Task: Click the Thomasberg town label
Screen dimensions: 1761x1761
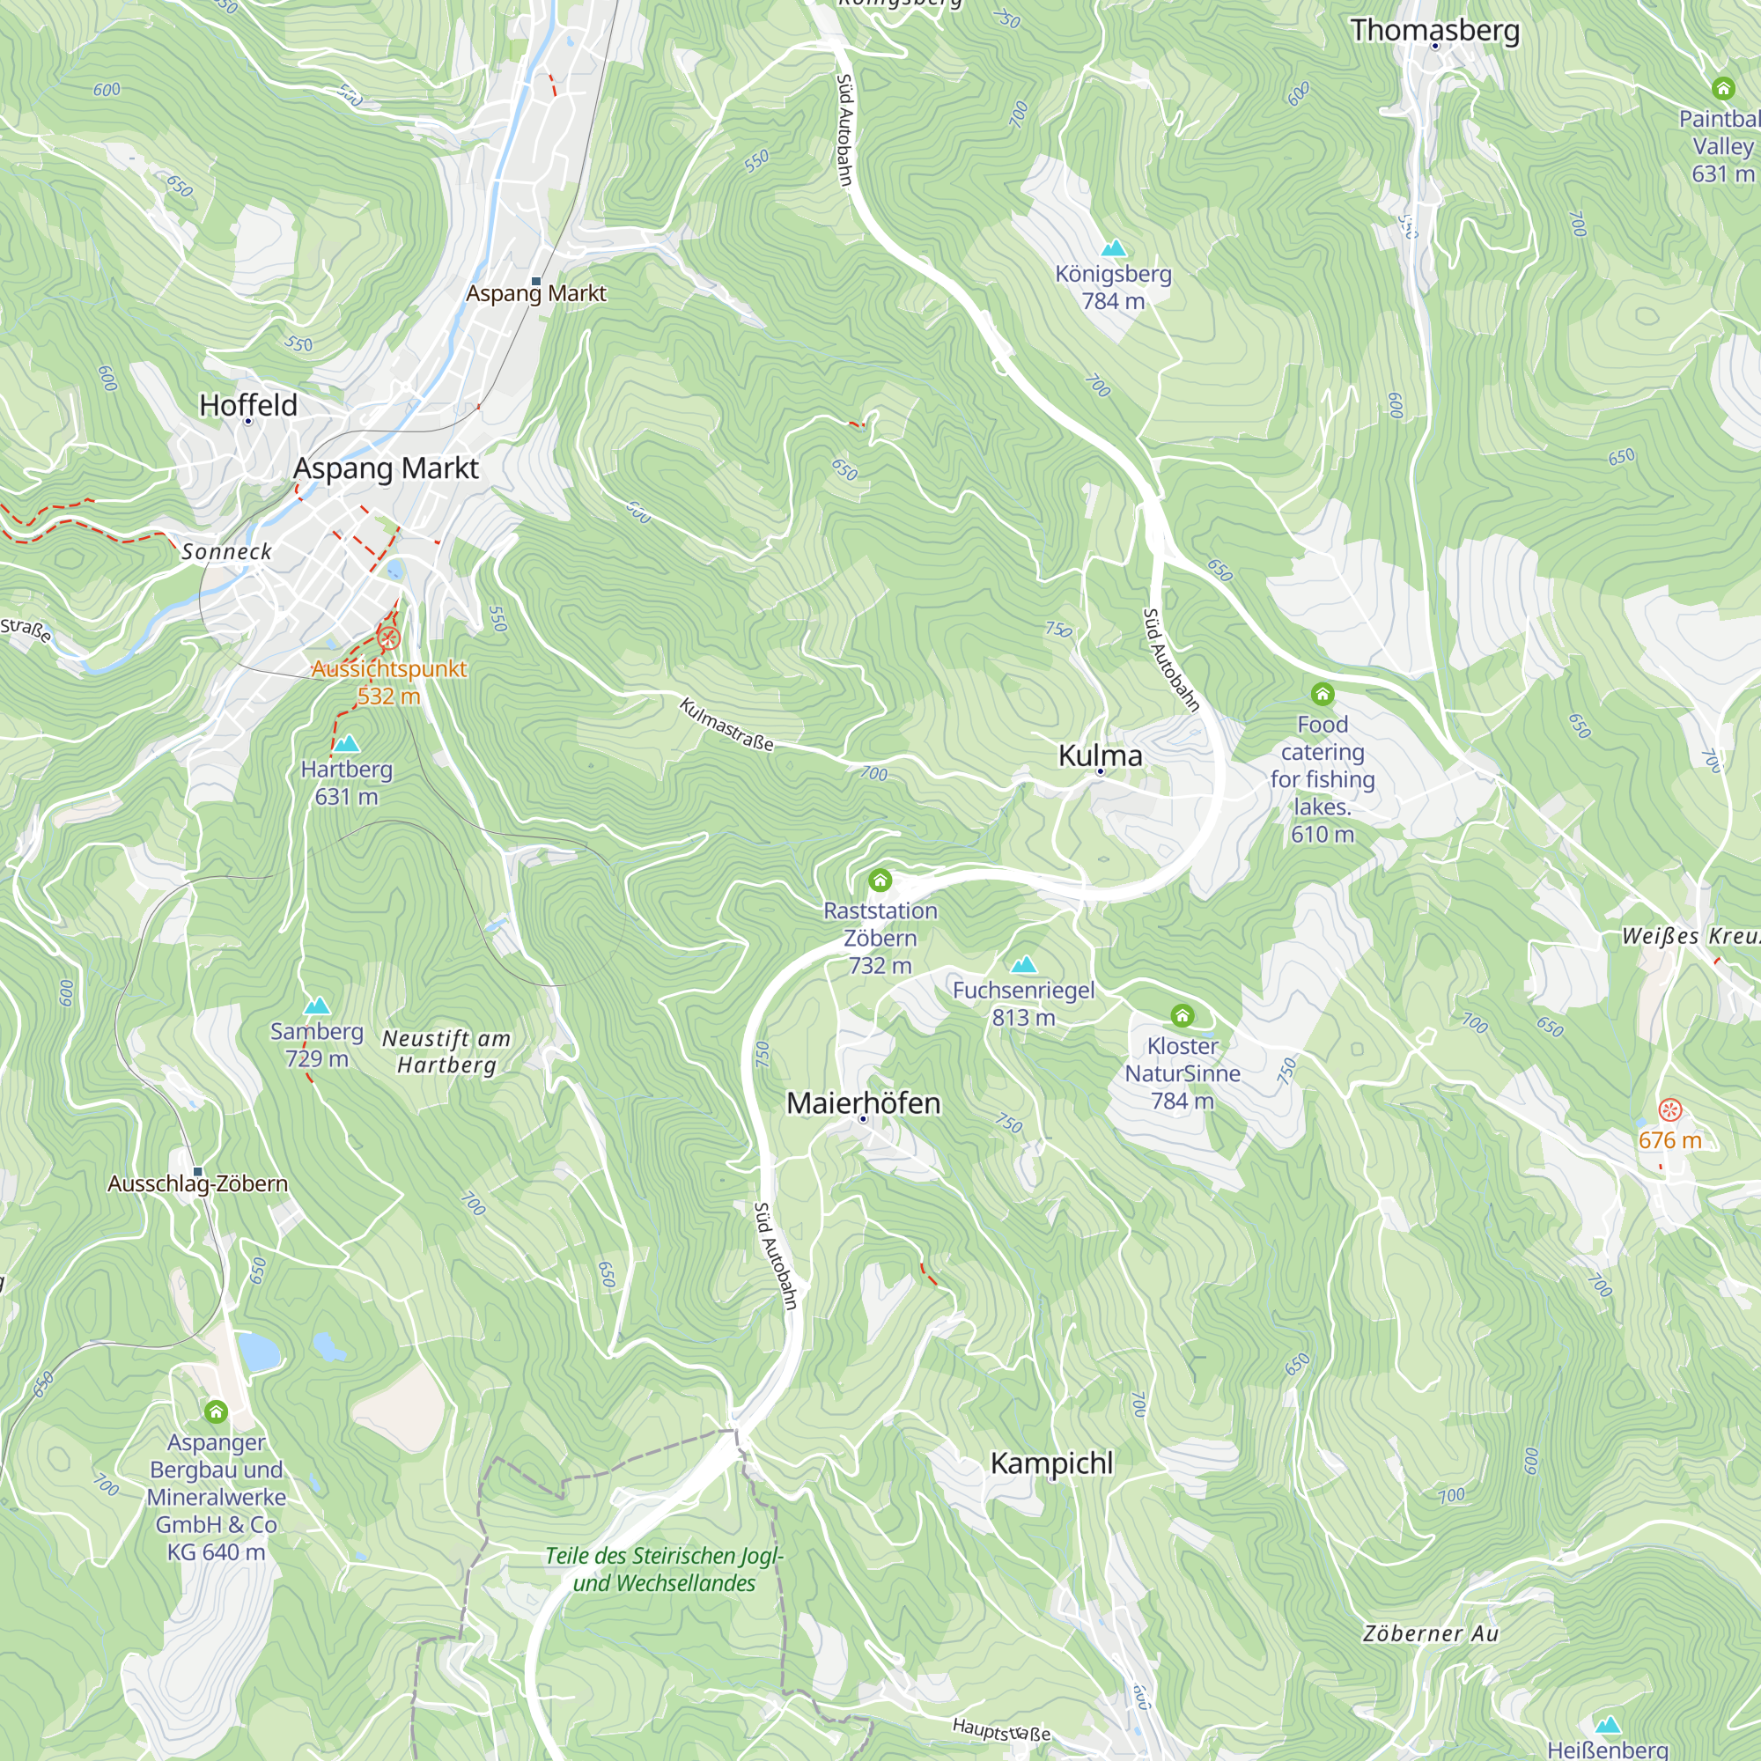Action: (1434, 30)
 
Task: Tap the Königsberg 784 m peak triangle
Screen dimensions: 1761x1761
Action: (1113, 248)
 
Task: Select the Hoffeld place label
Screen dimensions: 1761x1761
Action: (248, 405)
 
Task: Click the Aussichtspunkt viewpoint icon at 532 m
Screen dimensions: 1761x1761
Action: (389, 638)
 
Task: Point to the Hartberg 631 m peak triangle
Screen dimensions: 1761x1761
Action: (346, 744)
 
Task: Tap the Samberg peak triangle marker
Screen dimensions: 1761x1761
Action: (317, 1006)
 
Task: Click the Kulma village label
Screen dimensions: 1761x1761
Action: (1099, 755)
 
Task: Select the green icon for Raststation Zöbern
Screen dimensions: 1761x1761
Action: (880, 880)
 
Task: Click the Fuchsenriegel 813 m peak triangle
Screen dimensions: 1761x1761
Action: (1024, 964)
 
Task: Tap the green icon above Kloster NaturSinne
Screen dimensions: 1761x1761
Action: (1183, 1015)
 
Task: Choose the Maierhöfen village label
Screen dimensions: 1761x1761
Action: (863, 1103)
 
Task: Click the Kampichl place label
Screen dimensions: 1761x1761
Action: (1052, 1463)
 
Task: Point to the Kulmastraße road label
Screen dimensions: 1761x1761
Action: (726, 725)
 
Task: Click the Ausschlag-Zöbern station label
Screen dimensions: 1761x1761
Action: (198, 1183)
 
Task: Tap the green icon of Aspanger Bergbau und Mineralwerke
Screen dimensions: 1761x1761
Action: (216, 1412)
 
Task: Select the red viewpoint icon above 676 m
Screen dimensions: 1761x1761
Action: (1669, 1109)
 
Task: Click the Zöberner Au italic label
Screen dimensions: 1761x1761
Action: (1431, 1633)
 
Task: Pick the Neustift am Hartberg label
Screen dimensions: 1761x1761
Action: (446, 1051)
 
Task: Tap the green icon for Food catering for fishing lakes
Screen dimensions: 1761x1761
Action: (1323, 695)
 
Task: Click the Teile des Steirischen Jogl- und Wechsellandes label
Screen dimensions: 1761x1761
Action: (665, 1569)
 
